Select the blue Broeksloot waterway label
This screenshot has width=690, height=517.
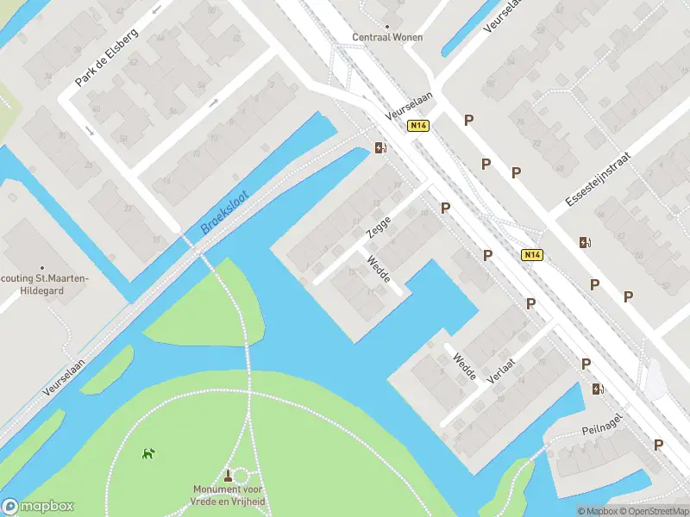click(x=224, y=213)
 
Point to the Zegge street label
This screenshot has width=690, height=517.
click(x=379, y=227)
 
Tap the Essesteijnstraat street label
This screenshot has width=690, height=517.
click(x=599, y=181)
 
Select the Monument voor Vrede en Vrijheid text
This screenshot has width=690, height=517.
click(x=229, y=495)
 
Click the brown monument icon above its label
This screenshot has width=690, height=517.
click(x=229, y=475)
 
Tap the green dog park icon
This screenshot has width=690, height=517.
click(x=149, y=452)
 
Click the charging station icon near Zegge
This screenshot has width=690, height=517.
click(x=379, y=147)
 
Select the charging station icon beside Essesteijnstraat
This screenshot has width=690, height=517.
click(x=585, y=242)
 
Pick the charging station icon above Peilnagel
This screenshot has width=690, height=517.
click(x=598, y=389)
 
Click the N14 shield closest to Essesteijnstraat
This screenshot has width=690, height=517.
click(x=532, y=255)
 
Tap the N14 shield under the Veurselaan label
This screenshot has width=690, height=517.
click(x=418, y=126)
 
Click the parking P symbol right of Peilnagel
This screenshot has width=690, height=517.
click(x=658, y=445)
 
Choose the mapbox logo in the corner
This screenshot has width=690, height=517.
click(x=38, y=507)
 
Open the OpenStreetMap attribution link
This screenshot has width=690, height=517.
click(x=656, y=511)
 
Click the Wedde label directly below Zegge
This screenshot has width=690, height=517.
click(x=379, y=269)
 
